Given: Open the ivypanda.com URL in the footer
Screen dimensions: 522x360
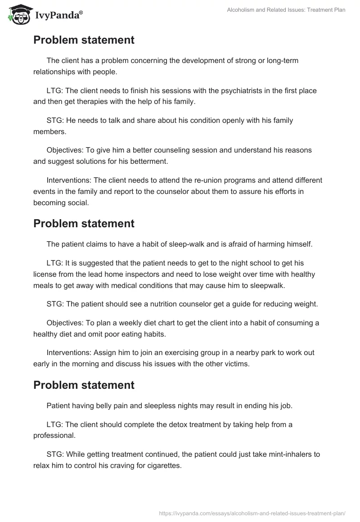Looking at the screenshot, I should [x=252, y=513].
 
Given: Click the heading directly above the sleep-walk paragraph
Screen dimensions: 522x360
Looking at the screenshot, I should [x=84, y=224].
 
